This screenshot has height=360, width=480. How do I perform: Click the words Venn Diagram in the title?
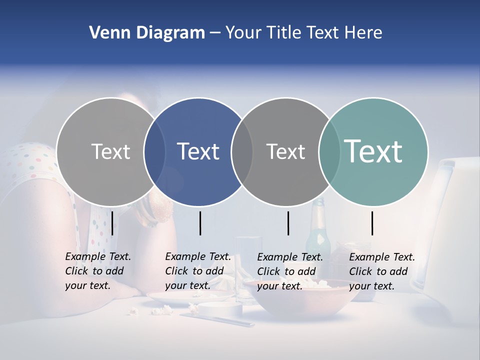click(x=147, y=33)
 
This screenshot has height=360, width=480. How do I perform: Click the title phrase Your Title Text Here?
click(x=303, y=33)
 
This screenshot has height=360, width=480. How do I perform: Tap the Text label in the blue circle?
click(x=198, y=151)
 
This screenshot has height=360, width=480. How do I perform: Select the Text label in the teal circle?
click(x=373, y=151)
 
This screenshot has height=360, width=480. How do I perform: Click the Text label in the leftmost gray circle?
click(x=110, y=151)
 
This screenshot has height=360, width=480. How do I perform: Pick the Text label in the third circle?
click(x=285, y=151)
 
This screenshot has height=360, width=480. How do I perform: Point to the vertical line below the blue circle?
click(x=200, y=223)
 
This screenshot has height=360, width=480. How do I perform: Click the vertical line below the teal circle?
click(x=372, y=223)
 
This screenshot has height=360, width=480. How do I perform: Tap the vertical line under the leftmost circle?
click(x=112, y=223)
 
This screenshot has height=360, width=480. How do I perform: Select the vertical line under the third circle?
click(x=288, y=223)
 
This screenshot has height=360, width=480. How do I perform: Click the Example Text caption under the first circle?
click(x=97, y=271)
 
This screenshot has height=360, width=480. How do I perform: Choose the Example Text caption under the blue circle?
click(x=197, y=271)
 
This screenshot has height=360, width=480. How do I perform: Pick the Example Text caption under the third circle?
click(x=289, y=271)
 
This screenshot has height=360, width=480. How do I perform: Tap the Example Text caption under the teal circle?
click(x=381, y=271)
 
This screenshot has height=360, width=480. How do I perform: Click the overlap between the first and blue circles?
click(x=154, y=151)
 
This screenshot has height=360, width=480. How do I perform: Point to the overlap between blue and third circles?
click(x=242, y=151)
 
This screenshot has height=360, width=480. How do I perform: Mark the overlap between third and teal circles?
click(x=329, y=151)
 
